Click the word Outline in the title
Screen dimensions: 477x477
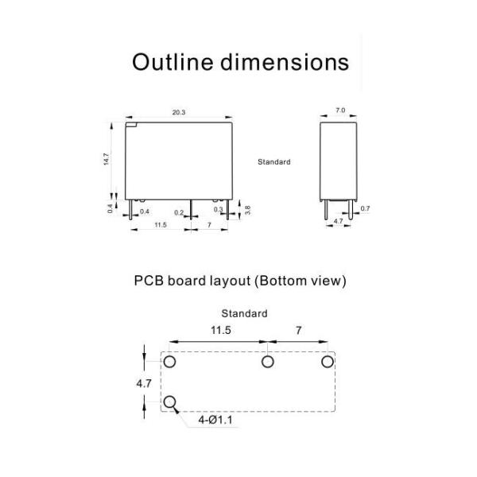[173, 62]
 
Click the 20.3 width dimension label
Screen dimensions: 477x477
[179, 112]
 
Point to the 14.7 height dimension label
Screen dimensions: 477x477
[106, 159]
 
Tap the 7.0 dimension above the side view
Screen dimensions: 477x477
[340, 111]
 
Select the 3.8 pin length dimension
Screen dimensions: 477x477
[247, 210]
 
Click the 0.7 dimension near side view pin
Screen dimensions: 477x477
[365, 208]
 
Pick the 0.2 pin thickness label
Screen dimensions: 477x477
[179, 212]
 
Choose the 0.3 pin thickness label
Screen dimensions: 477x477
[218, 209]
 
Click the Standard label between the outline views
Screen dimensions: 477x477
[274, 162]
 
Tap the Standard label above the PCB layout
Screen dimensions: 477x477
[244, 313]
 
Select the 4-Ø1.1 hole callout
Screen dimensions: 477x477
[215, 420]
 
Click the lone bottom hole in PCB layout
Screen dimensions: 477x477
[170, 401]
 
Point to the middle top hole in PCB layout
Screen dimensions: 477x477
[267, 362]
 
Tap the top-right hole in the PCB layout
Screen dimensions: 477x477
[328, 362]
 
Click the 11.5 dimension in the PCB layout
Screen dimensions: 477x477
[221, 330]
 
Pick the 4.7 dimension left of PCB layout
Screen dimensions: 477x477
[144, 384]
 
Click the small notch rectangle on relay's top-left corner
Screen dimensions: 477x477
[131, 125]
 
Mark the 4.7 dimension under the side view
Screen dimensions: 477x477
[338, 221]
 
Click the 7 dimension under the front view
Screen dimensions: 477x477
[209, 225]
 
